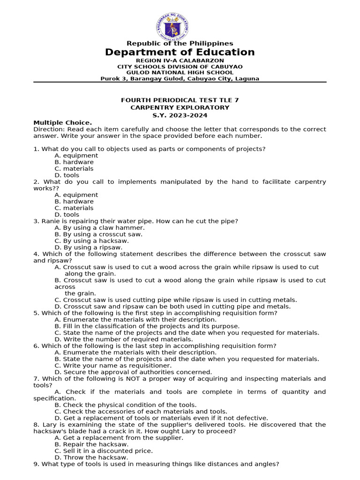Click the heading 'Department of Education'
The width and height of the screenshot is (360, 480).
180,52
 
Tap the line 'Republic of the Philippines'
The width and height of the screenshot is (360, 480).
180,44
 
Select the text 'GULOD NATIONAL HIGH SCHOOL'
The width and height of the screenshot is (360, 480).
180,73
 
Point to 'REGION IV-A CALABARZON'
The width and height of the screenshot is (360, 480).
180,60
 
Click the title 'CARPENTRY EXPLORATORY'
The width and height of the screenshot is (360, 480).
180,107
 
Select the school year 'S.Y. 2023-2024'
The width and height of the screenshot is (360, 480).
180,115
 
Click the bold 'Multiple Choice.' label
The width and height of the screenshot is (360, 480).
63,123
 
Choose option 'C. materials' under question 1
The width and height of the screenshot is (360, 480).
74,168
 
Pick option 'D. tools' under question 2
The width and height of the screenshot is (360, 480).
67,215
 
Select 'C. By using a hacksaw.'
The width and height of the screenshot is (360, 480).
91,240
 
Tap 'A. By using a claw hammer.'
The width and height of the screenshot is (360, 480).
96,227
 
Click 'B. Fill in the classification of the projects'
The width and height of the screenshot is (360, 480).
147,326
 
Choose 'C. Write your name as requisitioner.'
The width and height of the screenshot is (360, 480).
113,365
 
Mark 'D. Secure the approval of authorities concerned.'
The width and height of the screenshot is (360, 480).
134,372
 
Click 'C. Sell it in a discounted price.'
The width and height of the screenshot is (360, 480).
104,450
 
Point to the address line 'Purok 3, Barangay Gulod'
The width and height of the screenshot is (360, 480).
180,79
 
